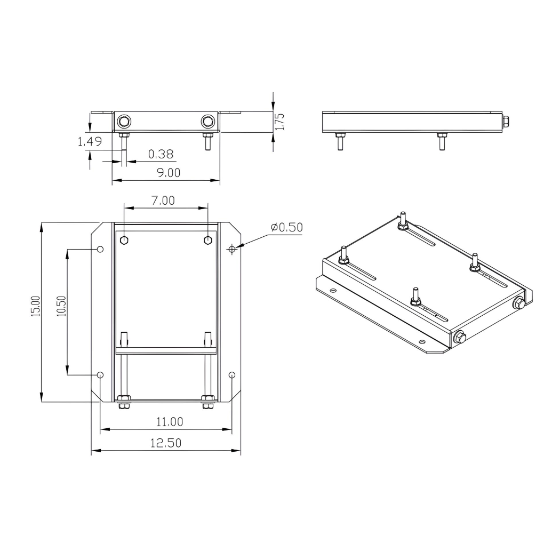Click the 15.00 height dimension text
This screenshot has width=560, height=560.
pos(35,307)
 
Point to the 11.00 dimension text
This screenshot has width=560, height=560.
pos(169,421)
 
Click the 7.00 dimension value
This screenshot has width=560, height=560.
pos(163,201)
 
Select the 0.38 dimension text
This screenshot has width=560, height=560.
pos(161,154)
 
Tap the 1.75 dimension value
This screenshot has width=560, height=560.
pos(281,121)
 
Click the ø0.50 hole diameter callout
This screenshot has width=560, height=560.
pos(286,227)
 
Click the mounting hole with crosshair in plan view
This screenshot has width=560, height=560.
pos(231,249)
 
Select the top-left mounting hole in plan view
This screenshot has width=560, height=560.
pos(100,249)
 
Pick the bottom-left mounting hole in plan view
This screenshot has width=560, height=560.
pos(100,375)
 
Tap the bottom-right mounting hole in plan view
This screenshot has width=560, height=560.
pos(231,375)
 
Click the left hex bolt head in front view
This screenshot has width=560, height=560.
pos(124,122)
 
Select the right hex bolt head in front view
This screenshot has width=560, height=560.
pos(207,122)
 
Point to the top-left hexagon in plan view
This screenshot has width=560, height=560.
pos(124,240)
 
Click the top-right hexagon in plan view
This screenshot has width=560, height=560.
pos(207,240)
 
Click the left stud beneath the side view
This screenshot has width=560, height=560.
pos(339,142)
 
